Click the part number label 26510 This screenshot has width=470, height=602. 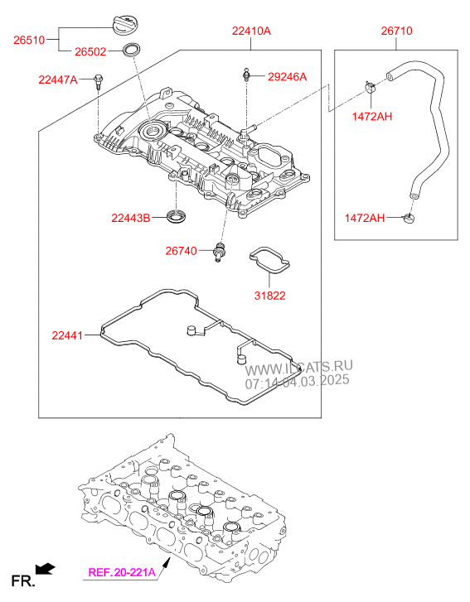click(x=29, y=40)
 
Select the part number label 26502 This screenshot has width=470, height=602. click(x=90, y=52)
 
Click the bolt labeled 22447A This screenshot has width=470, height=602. click(x=99, y=81)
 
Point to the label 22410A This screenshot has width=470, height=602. click(x=251, y=31)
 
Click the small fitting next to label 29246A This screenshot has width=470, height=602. click(x=246, y=75)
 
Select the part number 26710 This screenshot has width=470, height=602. click(x=396, y=31)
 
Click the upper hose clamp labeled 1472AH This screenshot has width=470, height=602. click(x=370, y=87)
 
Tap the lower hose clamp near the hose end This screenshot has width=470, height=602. click(x=409, y=219)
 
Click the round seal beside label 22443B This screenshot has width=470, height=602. click(x=177, y=215)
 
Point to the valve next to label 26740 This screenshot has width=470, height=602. click(x=220, y=252)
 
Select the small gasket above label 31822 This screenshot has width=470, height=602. click(x=269, y=261)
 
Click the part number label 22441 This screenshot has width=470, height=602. click(x=67, y=335)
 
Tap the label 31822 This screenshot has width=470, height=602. click(x=269, y=296)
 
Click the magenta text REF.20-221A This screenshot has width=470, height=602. click(x=122, y=572)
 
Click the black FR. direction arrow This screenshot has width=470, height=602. click(x=46, y=569)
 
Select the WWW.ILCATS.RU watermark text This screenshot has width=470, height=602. click(x=298, y=368)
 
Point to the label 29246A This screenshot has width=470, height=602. click(x=287, y=77)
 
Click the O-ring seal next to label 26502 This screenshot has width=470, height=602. click(x=131, y=50)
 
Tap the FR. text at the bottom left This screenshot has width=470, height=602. click(x=23, y=580)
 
